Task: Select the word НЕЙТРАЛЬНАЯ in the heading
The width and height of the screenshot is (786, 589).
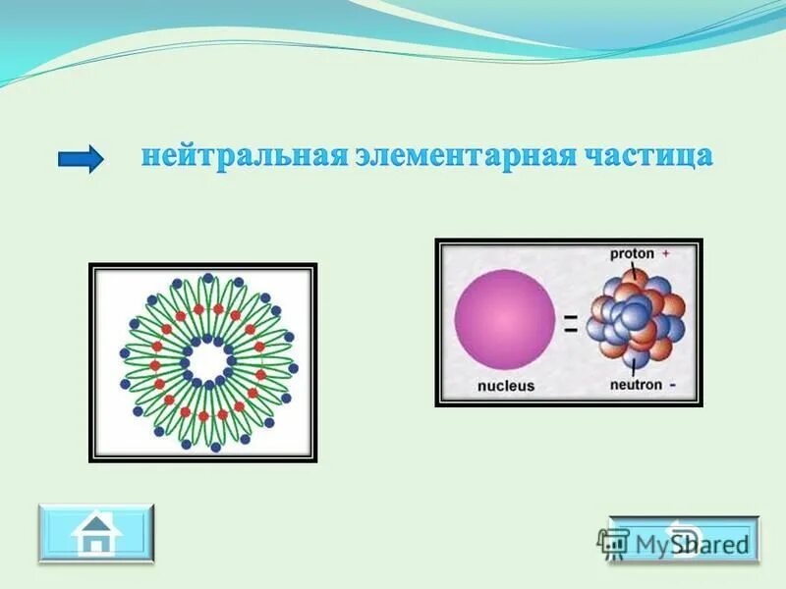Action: (242, 157)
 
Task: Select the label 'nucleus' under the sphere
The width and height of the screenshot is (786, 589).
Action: (506, 386)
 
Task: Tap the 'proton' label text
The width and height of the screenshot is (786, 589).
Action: (632, 253)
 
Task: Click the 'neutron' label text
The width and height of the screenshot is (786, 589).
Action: (635, 386)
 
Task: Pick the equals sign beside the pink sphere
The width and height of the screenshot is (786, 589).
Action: (571, 327)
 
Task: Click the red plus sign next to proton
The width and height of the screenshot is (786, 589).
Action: (665, 253)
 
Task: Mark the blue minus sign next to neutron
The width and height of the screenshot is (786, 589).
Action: (671, 386)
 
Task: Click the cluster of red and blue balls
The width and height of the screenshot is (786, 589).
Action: (634, 320)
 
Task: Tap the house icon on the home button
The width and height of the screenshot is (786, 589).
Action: (95, 534)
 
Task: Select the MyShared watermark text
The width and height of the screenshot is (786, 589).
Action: (692, 543)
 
